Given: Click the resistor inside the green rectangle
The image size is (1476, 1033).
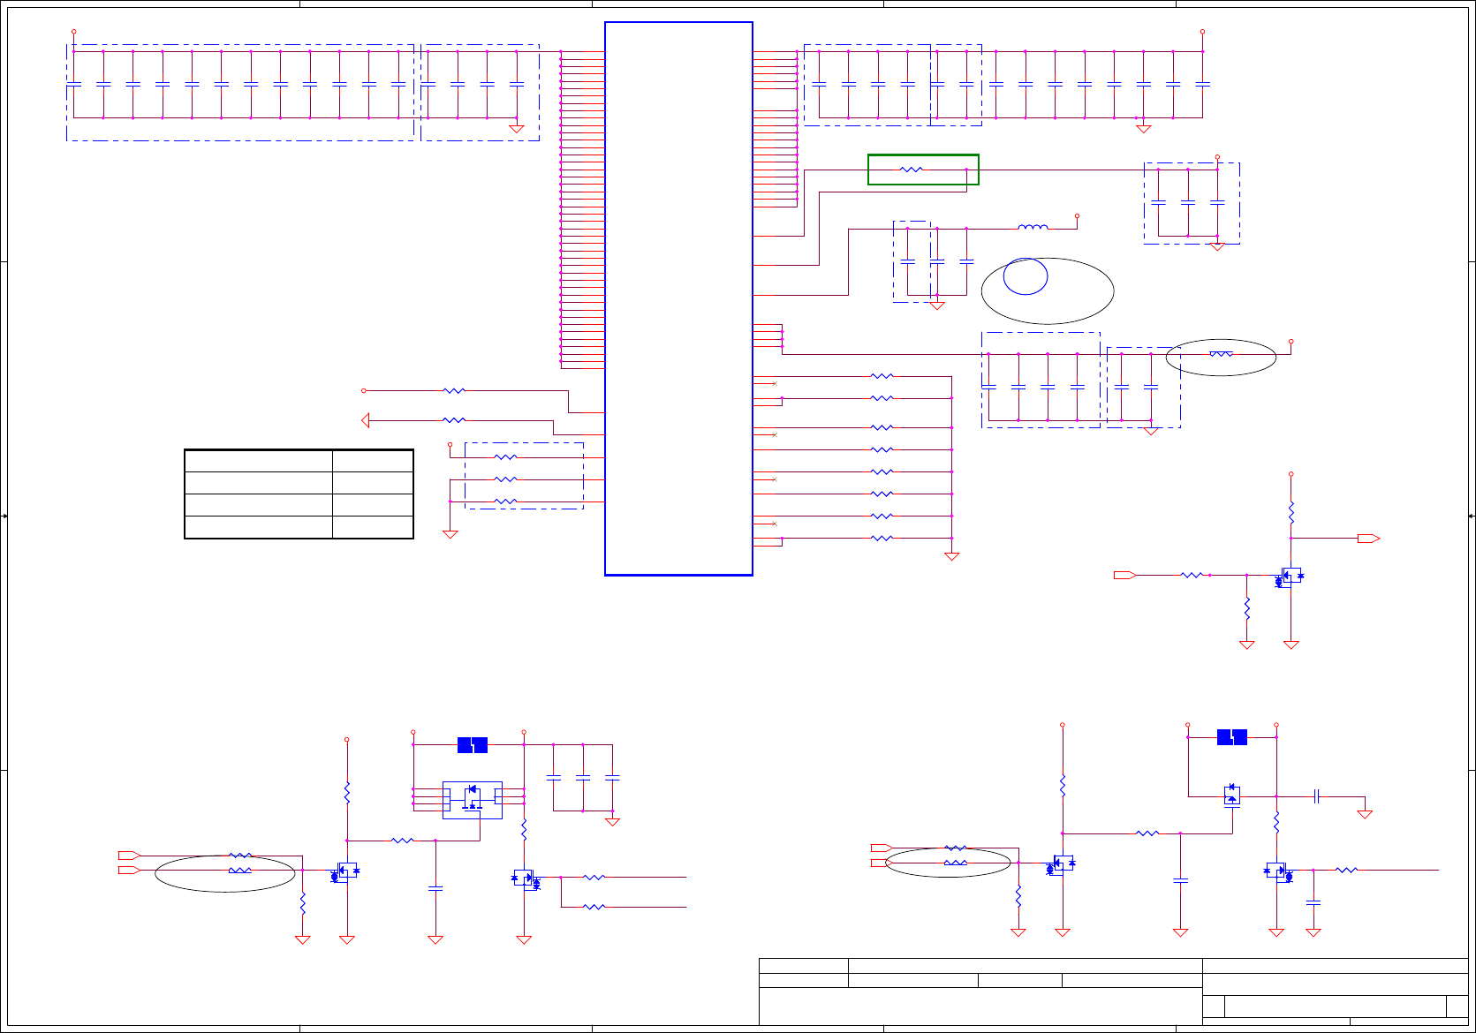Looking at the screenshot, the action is tap(911, 170).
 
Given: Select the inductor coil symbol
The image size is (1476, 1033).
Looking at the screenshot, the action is tap(1033, 228).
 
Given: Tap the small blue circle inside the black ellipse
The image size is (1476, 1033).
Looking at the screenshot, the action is tap(1026, 276).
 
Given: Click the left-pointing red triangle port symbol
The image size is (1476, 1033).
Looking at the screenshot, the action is tap(366, 420).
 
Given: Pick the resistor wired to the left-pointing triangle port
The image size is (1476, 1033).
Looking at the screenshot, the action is tap(453, 420).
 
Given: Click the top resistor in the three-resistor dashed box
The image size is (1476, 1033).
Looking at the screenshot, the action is tap(505, 457).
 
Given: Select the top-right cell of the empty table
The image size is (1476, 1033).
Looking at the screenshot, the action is tap(372, 461).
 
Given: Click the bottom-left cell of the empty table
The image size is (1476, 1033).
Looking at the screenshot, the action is tap(259, 527).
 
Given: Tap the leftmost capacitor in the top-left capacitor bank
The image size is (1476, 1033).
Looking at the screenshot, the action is tap(74, 84).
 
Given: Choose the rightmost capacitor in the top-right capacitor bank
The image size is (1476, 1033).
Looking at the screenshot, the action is tap(1202, 84).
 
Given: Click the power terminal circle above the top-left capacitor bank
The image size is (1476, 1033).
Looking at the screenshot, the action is tap(73, 32).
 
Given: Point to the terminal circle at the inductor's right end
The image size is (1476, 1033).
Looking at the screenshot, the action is tap(1077, 215).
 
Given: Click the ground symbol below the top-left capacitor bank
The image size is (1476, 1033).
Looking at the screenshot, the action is tap(517, 129).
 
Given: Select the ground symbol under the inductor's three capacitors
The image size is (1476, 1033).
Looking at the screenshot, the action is tap(937, 305).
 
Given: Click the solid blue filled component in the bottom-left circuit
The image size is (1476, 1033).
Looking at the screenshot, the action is tap(473, 745).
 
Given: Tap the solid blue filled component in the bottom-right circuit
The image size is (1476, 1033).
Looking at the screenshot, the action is tap(1232, 737).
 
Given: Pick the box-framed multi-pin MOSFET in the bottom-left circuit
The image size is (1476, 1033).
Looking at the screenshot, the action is tap(473, 799).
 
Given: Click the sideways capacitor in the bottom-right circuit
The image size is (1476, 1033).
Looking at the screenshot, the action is tap(1316, 796).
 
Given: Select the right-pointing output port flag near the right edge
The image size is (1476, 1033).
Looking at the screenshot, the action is tap(1368, 539).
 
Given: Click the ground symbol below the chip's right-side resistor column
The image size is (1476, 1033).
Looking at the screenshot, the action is tap(951, 556).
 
